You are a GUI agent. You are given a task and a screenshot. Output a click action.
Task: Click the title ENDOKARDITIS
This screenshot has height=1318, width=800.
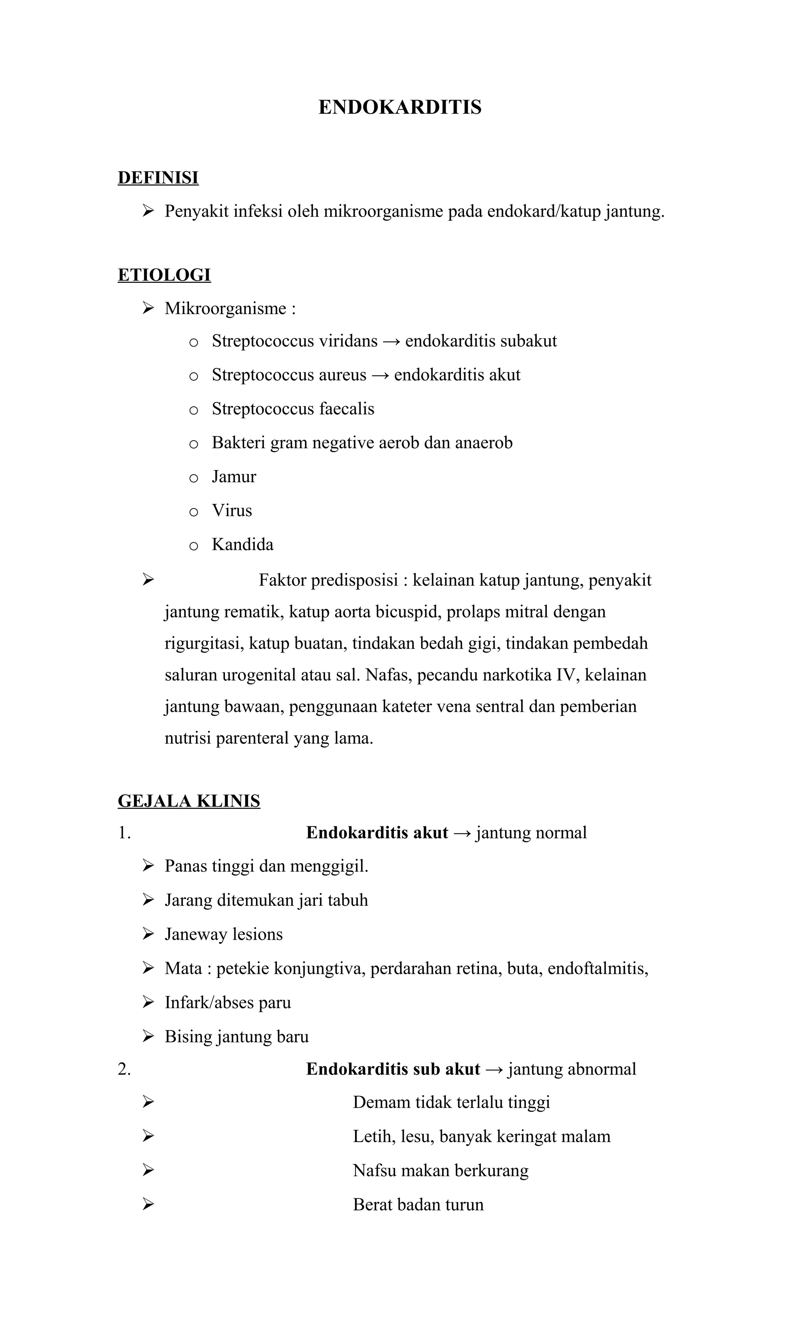coord(400,107)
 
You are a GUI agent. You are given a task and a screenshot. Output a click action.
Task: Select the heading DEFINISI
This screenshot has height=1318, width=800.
coord(158,177)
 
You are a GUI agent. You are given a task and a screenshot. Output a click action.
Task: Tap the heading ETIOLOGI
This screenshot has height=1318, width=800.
coord(164,275)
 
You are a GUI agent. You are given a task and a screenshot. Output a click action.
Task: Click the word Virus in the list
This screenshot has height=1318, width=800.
coord(232,510)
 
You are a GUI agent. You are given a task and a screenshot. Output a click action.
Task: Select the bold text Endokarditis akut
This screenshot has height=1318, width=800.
coord(377,833)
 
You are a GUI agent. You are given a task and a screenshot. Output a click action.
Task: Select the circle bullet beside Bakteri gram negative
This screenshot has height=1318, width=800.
coord(194,444)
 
